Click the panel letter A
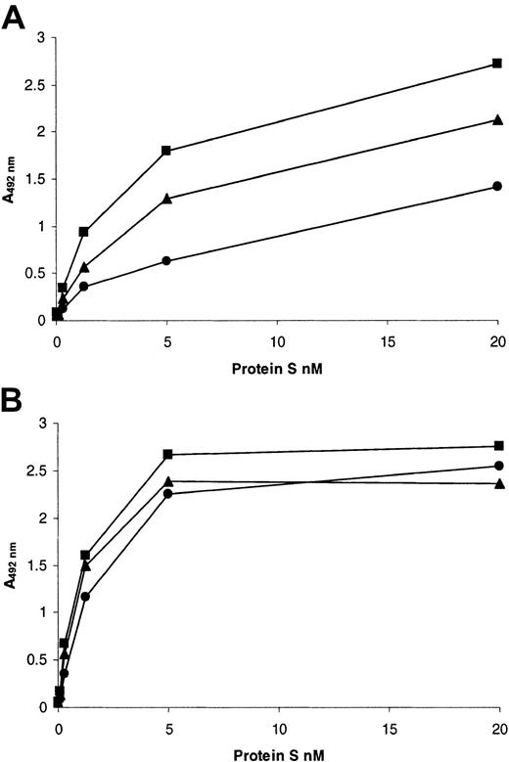[x=17, y=16]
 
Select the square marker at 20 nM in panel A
[x=497, y=64]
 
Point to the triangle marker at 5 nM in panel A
[x=166, y=199]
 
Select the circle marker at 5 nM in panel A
[x=166, y=261]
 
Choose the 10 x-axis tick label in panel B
[x=278, y=729]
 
